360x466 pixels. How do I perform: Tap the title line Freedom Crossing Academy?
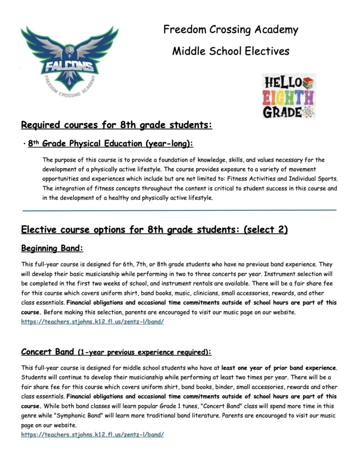click(231, 30)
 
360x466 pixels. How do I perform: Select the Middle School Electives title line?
click(231, 51)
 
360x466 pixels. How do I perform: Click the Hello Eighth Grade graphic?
click(289, 96)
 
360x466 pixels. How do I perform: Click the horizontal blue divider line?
click(179, 210)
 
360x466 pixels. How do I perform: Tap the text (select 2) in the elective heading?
click(266, 229)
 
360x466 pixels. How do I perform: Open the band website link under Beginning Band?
click(92, 321)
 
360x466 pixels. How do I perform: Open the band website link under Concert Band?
click(92, 435)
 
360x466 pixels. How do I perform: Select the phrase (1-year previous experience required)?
click(144, 352)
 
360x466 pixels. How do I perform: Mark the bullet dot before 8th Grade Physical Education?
click(23, 144)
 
